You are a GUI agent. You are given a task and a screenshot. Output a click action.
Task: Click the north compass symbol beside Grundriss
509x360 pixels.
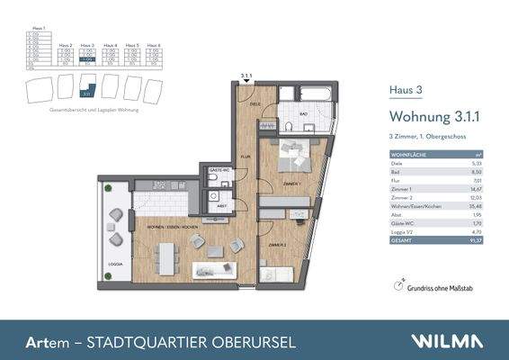click(x=399, y=284)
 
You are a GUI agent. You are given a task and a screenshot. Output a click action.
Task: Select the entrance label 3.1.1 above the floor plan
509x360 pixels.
click(x=246, y=75)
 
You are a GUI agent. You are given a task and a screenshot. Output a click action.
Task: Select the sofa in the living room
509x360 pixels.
click(x=217, y=266)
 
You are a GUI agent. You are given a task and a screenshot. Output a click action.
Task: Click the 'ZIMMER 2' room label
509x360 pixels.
click(x=277, y=244)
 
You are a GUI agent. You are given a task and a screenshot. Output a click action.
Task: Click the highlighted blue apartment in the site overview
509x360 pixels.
click(x=86, y=88)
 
